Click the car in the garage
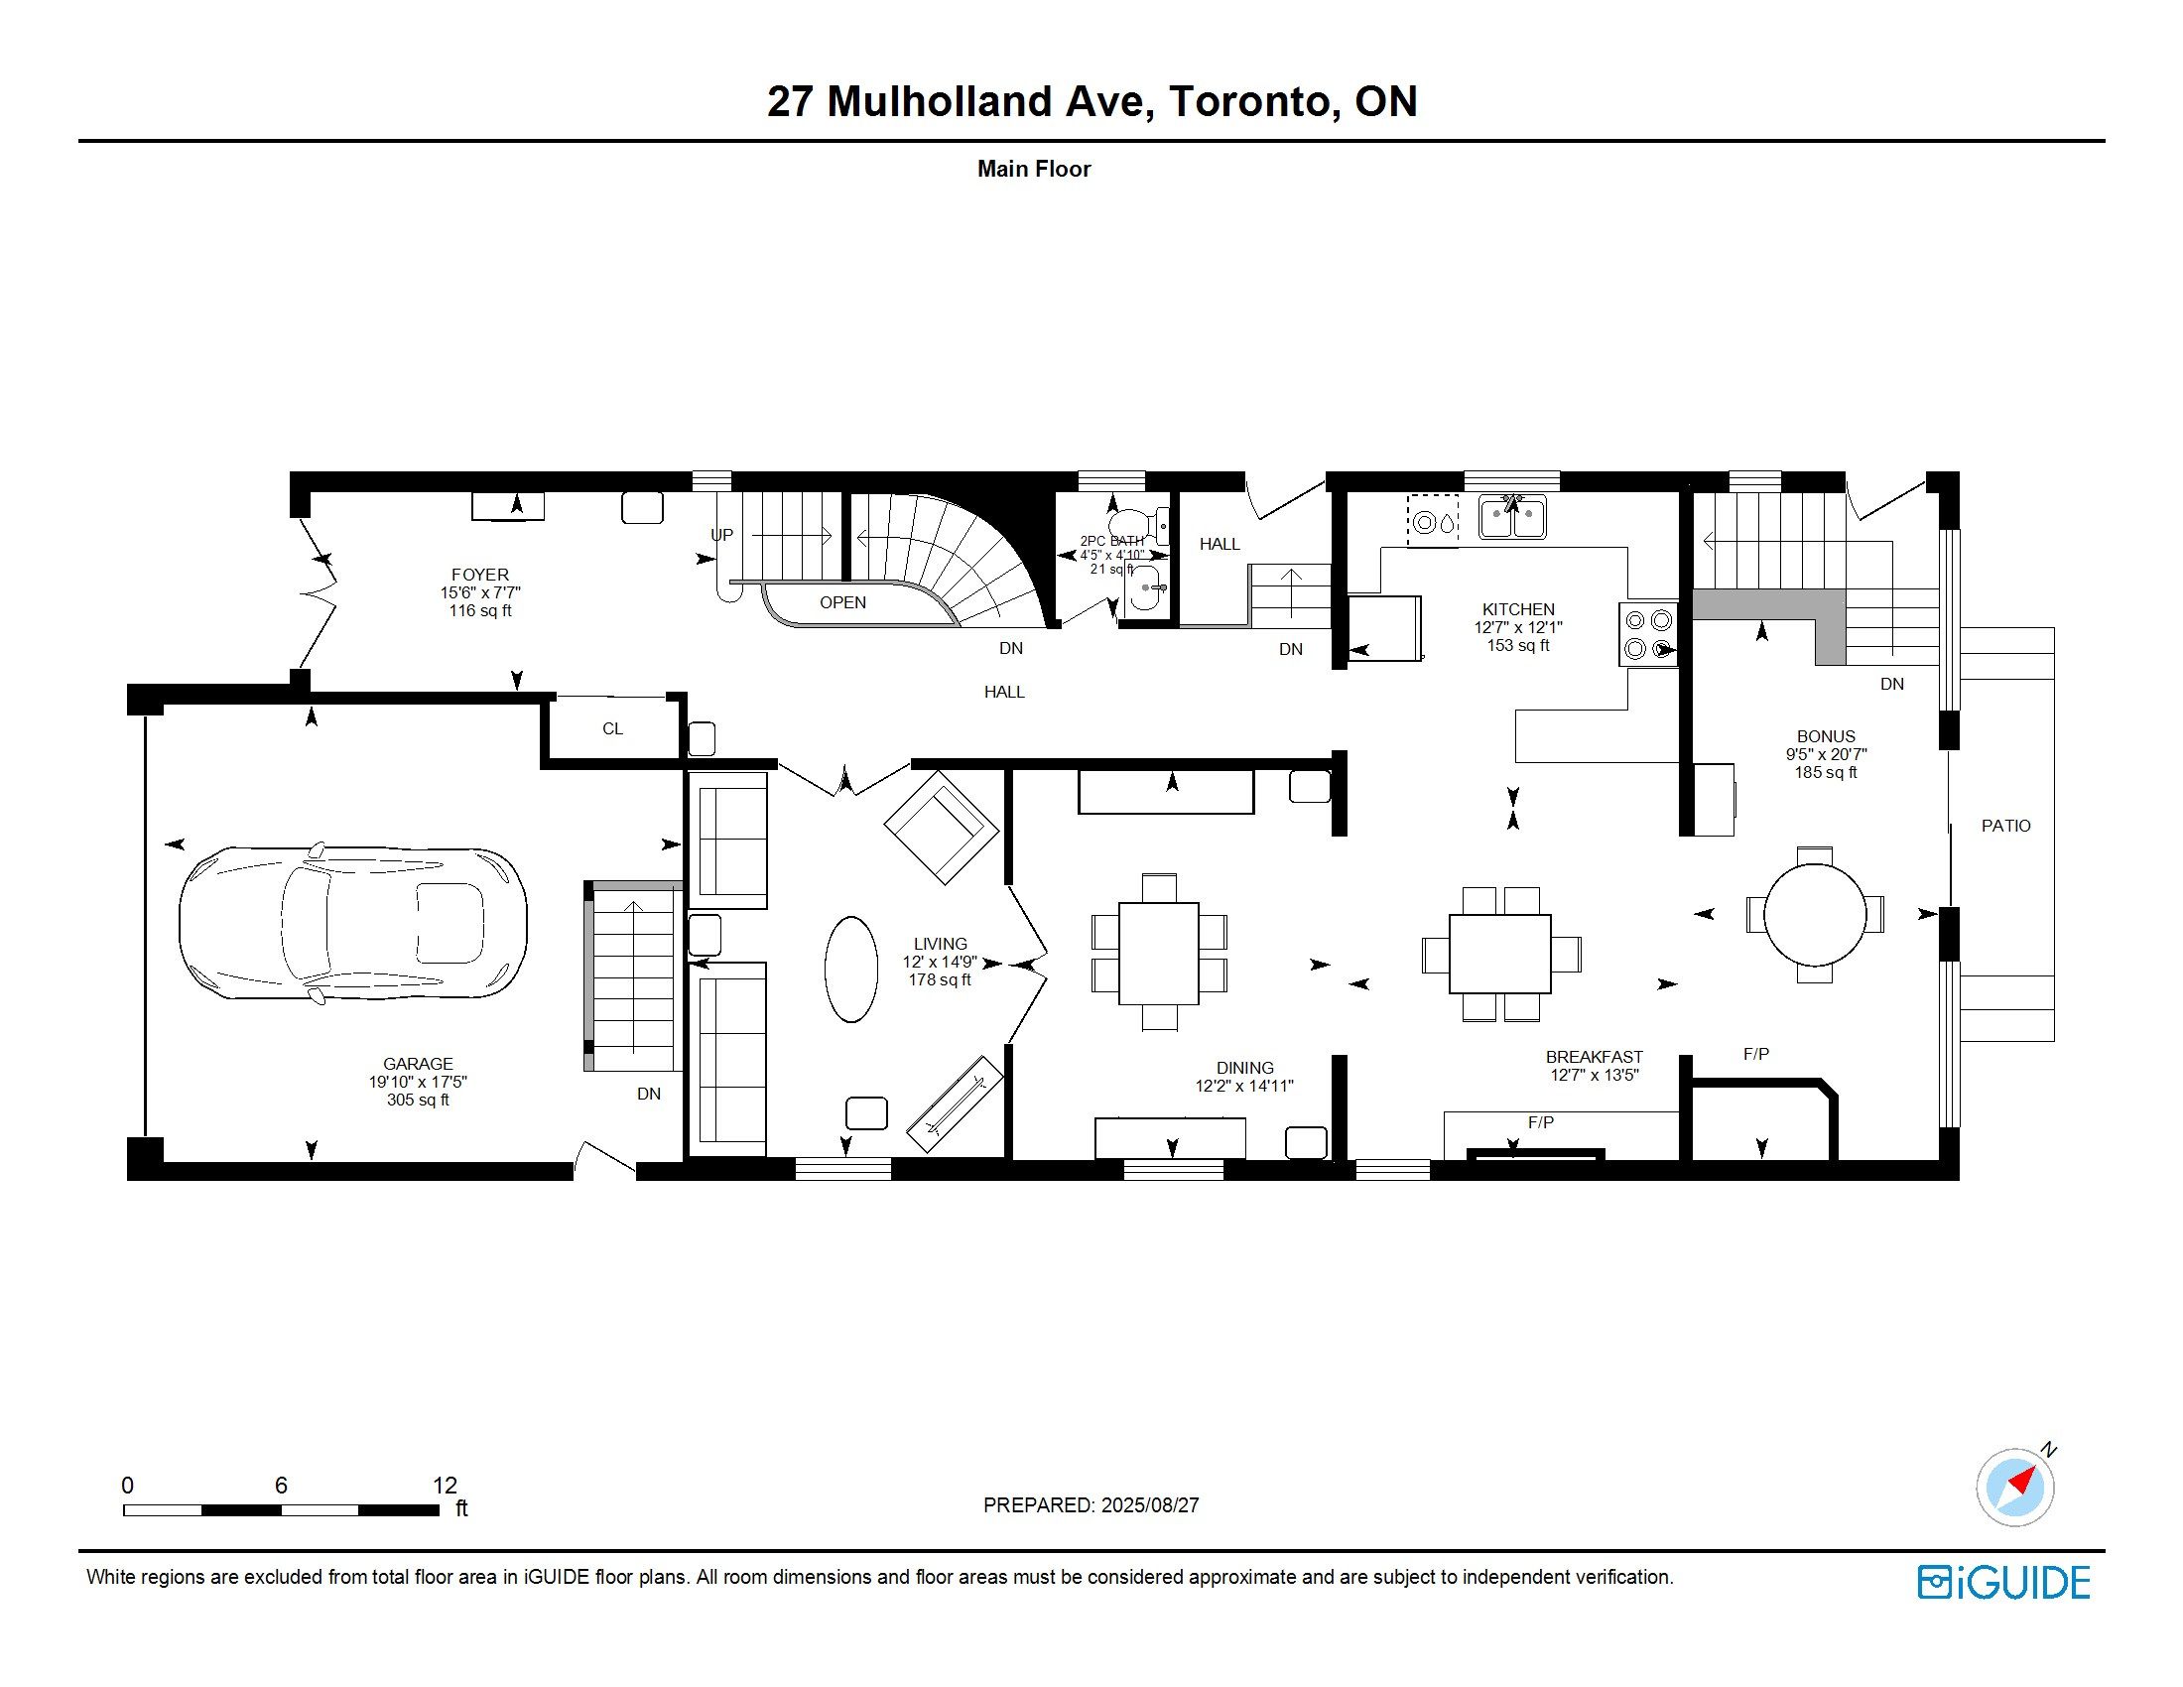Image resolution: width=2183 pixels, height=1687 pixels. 353,922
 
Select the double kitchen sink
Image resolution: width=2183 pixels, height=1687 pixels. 1513,518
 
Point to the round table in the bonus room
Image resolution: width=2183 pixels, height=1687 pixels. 1814,913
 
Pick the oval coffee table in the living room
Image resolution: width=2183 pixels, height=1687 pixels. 851,970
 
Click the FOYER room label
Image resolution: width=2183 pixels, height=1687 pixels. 480,575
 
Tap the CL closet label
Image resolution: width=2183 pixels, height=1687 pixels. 612,729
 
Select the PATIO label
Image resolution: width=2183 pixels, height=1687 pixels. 2006,826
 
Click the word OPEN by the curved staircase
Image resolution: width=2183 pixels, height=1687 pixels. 842,602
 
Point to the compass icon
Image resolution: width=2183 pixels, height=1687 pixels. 2016,1486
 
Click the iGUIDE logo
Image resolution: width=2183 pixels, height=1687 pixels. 2003,1582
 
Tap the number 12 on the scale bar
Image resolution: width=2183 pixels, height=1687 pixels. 445,1486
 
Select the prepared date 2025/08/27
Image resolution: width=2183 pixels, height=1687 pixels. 1149,1505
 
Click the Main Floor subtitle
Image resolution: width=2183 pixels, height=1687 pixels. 1034,169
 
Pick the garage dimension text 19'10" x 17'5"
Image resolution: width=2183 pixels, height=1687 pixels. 418,1083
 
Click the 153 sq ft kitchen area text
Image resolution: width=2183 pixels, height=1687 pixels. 1518,646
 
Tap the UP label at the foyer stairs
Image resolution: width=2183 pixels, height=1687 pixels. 721,535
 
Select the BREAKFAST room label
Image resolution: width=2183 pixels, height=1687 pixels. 1595,1058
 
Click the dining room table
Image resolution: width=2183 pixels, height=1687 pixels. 1158,954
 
